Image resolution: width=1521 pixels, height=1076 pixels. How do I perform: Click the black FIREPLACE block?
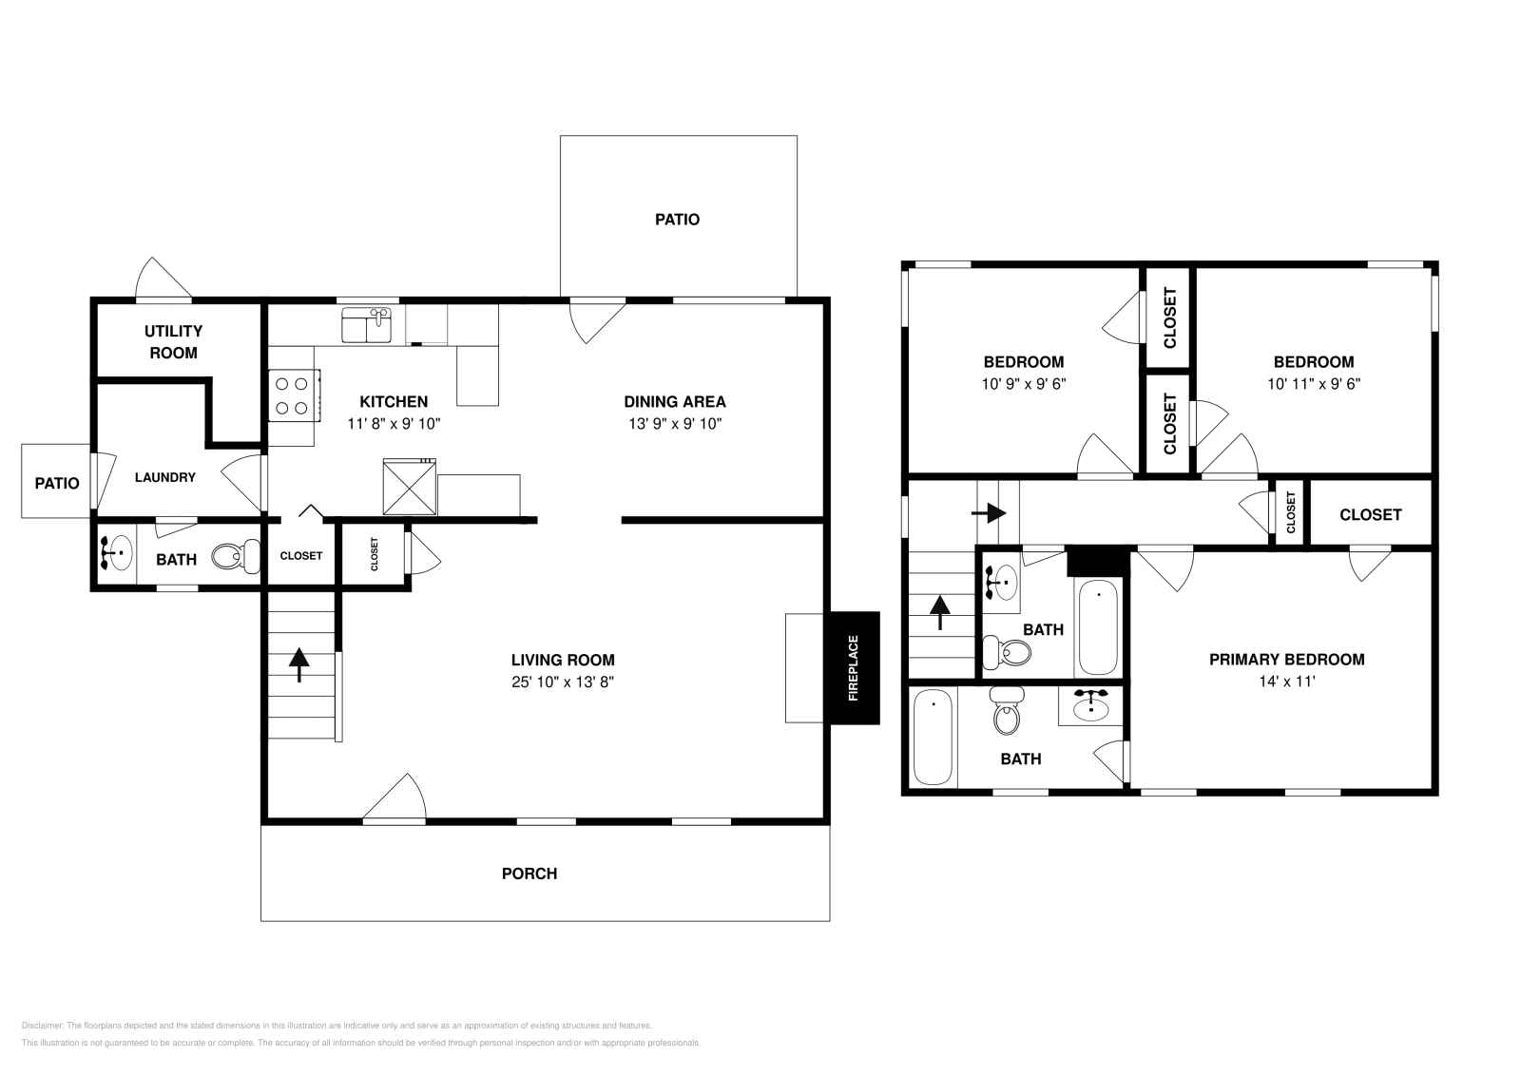(854, 668)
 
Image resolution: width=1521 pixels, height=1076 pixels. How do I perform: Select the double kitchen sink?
(367, 325)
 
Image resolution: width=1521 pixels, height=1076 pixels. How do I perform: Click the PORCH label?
(529, 874)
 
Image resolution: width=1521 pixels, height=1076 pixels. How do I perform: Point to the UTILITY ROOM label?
(173, 342)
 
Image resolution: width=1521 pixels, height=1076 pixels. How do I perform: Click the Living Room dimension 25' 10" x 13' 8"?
(562, 682)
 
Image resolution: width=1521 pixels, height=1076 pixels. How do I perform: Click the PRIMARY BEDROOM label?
(1286, 660)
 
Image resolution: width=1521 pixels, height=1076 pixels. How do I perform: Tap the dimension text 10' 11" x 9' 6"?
(1313, 384)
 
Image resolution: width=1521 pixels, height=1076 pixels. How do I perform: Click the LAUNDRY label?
(164, 477)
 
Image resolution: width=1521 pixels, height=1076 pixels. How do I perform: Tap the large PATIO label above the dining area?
(677, 220)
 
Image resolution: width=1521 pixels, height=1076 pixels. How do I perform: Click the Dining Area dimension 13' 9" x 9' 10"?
(674, 424)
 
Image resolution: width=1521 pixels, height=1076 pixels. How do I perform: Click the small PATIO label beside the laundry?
(57, 483)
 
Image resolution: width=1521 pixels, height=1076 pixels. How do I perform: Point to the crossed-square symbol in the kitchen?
(409, 487)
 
